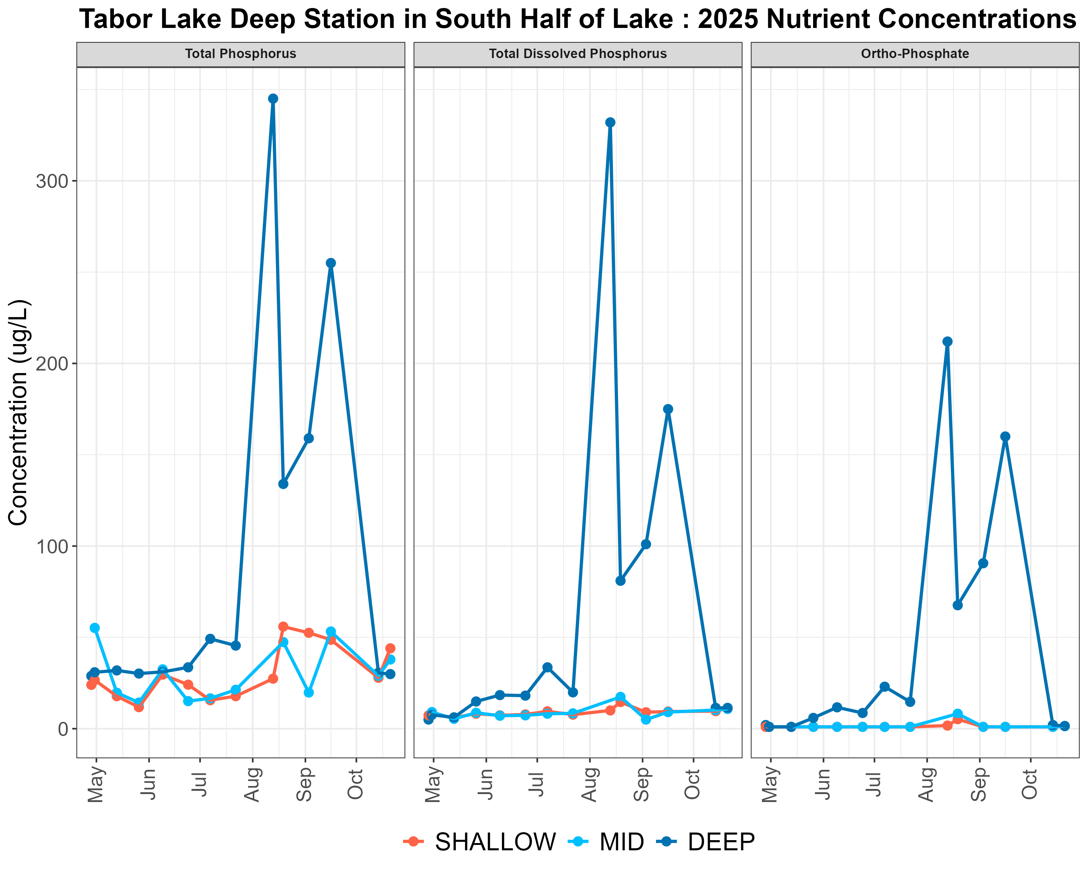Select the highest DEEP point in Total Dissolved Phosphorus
pos(610,122)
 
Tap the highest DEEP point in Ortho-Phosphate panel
pos(947,342)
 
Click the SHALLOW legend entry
pos(479,842)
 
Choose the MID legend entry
pos(606,842)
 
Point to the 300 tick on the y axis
pos(52,181)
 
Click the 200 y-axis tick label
pos(52,364)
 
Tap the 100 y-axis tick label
pos(52,546)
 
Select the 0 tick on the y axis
pos(63,729)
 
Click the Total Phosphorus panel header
pos(241,54)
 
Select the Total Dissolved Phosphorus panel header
pos(578,54)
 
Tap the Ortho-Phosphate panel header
pos(915,54)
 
